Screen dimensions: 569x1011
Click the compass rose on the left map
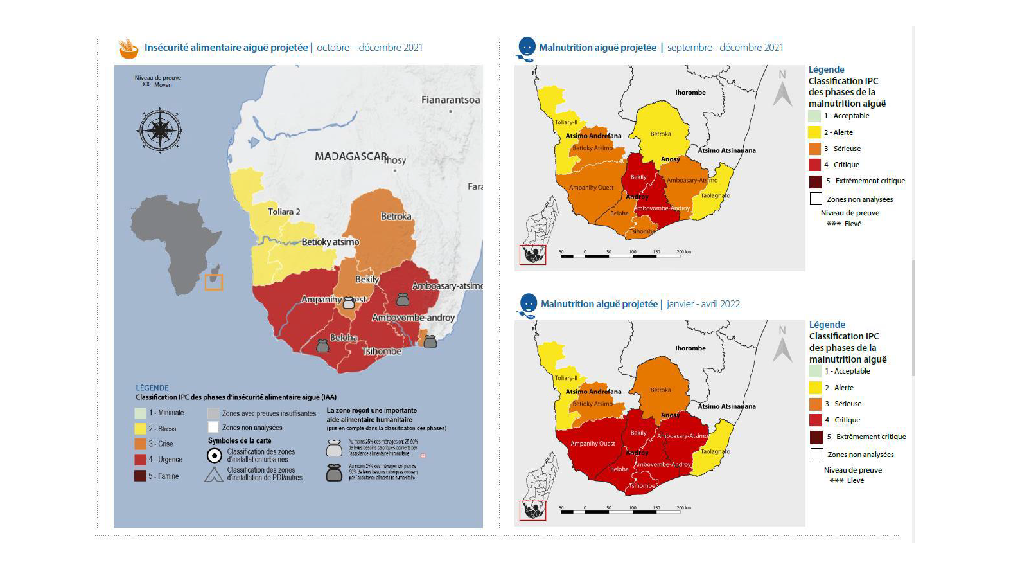159,131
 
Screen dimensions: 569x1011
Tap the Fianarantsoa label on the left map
450,100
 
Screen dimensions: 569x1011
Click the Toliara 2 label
284,212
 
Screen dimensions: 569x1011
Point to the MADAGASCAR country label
351,156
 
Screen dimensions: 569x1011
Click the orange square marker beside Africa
214,282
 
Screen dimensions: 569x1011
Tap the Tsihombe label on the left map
382,351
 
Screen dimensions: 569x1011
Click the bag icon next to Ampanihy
349,302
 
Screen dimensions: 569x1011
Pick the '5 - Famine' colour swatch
140,476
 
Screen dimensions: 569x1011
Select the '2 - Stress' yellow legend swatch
140,428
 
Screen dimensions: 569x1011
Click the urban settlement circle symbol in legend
215,456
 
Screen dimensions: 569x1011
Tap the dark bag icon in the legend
334,473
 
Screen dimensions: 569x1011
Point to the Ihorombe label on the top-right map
690,93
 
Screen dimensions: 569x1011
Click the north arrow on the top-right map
782,89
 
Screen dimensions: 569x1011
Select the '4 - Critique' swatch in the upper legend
815,165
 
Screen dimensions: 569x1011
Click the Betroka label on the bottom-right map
660,390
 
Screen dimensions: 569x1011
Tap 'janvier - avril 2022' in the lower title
703,304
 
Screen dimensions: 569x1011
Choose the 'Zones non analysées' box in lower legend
817,454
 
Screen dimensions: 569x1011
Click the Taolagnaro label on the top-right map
715,196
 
